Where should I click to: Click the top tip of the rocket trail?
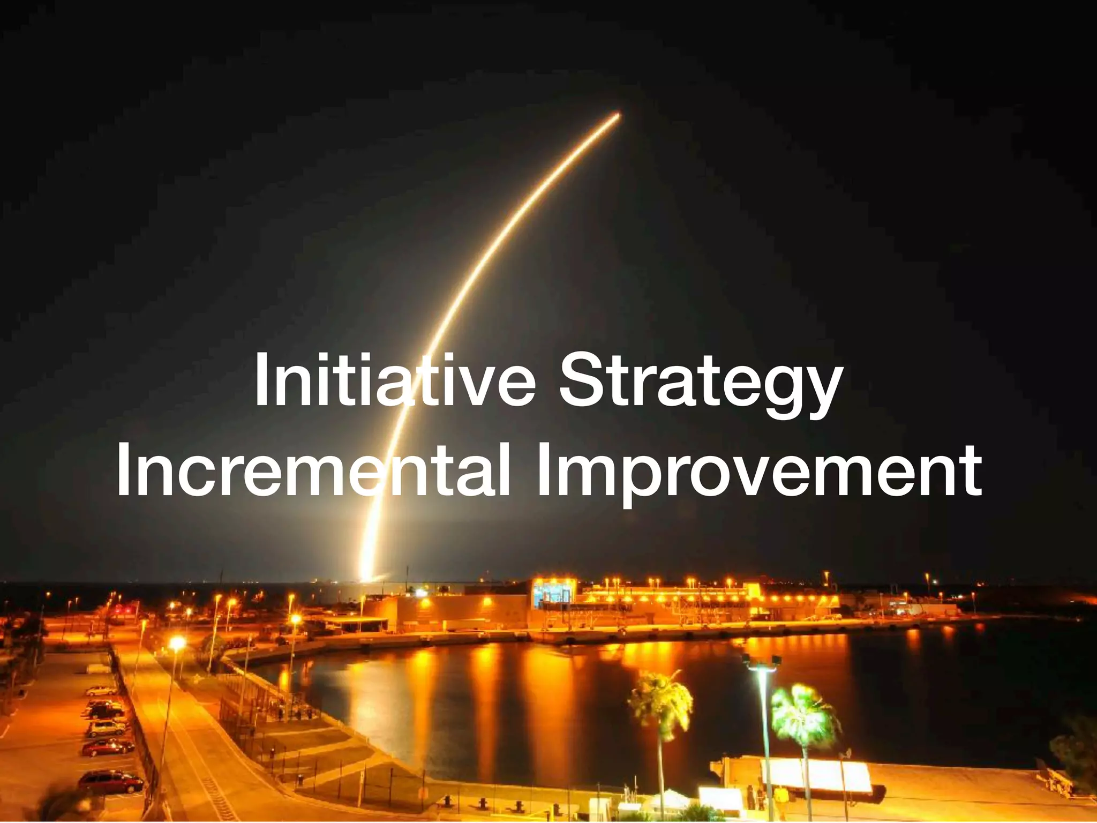point(619,114)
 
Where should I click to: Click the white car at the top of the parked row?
point(101,691)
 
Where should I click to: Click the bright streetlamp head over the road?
point(177,642)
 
